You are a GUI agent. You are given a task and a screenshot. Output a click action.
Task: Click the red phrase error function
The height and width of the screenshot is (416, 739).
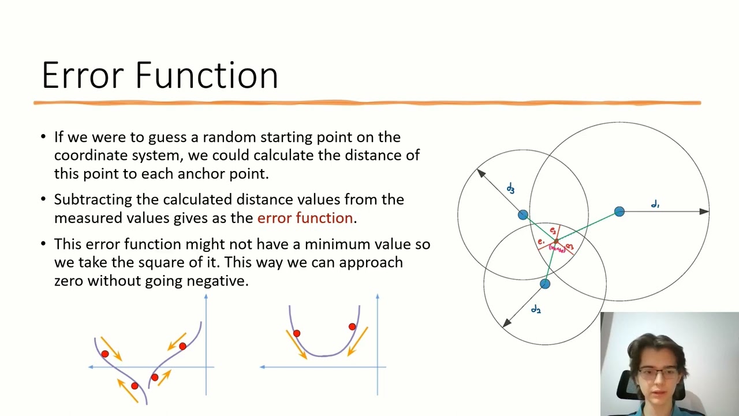pyautogui.click(x=305, y=218)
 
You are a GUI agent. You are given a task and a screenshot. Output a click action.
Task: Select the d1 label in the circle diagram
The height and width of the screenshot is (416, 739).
pyautogui.click(x=655, y=204)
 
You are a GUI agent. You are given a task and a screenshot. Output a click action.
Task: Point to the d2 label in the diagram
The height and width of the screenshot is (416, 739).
pyautogui.click(x=536, y=310)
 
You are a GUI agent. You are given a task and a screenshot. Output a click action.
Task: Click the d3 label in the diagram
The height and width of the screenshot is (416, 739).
pyautogui.click(x=510, y=188)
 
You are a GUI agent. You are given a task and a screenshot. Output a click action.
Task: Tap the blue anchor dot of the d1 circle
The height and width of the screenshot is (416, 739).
pyautogui.click(x=619, y=212)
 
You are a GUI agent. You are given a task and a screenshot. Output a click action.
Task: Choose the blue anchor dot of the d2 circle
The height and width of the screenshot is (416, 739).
pyautogui.click(x=545, y=284)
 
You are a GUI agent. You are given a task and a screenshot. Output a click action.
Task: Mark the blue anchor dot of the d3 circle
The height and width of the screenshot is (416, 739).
pyautogui.click(x=522, y=215)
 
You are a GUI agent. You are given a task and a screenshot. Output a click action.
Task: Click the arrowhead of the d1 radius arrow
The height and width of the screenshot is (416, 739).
pyautogui.click(x=704, y=211)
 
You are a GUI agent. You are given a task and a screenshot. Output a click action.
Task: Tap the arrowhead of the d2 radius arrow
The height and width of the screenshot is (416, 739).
pyautogui.click(x=506, y=323)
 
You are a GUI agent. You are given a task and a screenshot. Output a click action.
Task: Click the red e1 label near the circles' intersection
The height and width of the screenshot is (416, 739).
pyautogui.click(x=540, y=242)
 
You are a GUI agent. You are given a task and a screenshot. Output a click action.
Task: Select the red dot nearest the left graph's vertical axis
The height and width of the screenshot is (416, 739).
pyautogui.click(x=182, y=346)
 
